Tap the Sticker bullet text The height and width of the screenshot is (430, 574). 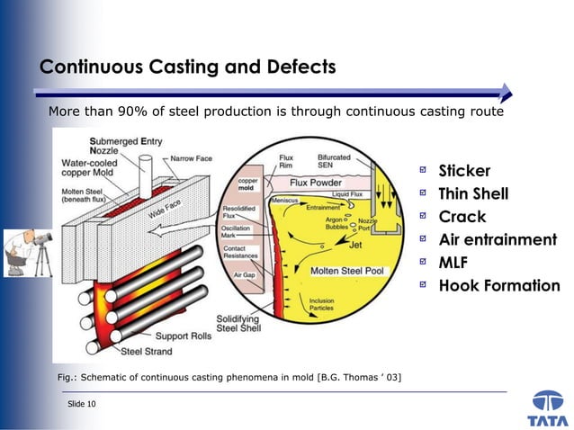[464, 171]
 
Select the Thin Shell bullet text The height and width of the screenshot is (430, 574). [473, 194]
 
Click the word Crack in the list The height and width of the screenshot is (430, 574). [462, 217]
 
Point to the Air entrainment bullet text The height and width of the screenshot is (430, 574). [498, 240]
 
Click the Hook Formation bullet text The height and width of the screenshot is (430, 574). [498, 286]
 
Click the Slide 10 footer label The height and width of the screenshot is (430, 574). [82, 404]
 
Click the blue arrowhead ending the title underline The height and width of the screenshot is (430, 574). [506, 92]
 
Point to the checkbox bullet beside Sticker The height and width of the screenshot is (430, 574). [423, 171]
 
